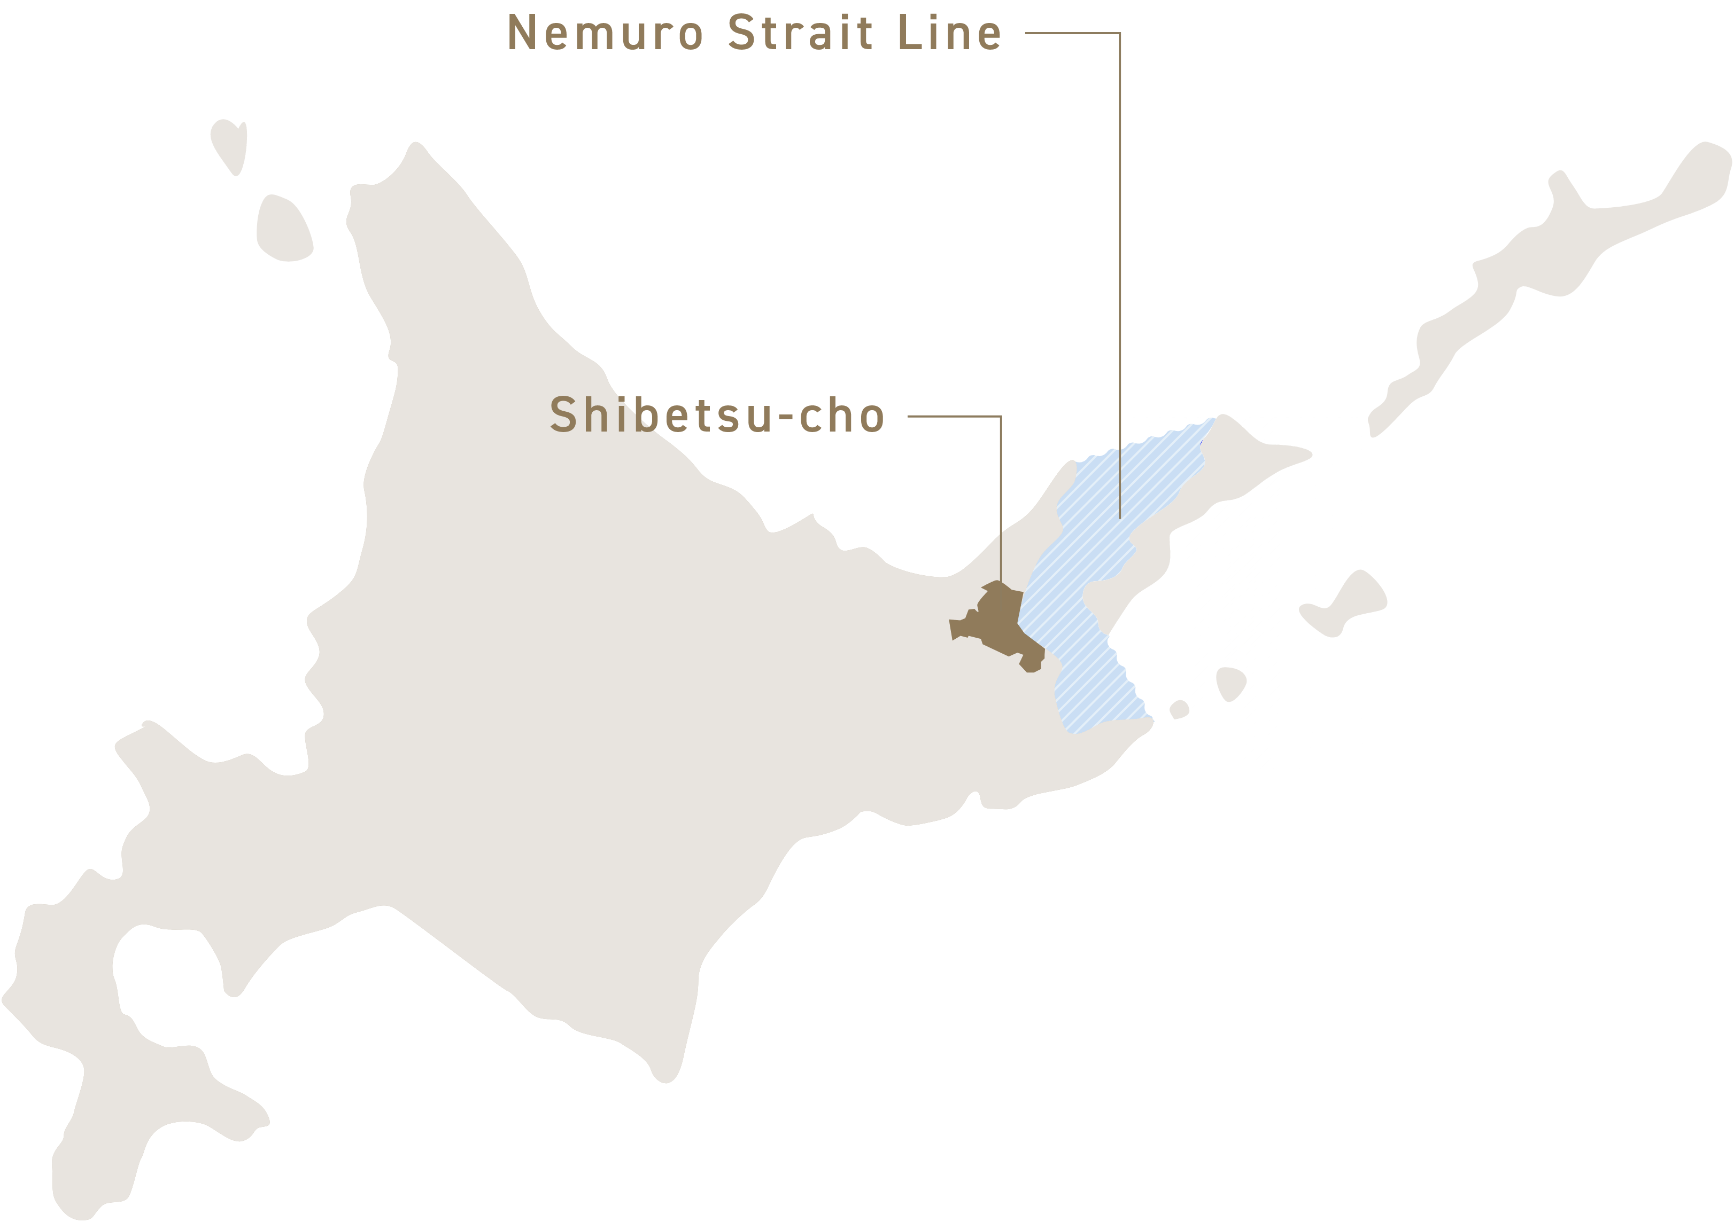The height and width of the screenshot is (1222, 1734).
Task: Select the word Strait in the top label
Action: click(801, 34)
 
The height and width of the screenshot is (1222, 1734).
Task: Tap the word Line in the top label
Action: click(950, 34)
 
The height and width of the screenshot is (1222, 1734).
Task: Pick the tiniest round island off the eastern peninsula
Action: click(1179, 709)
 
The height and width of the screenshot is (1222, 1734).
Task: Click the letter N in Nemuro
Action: click(521, 35)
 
